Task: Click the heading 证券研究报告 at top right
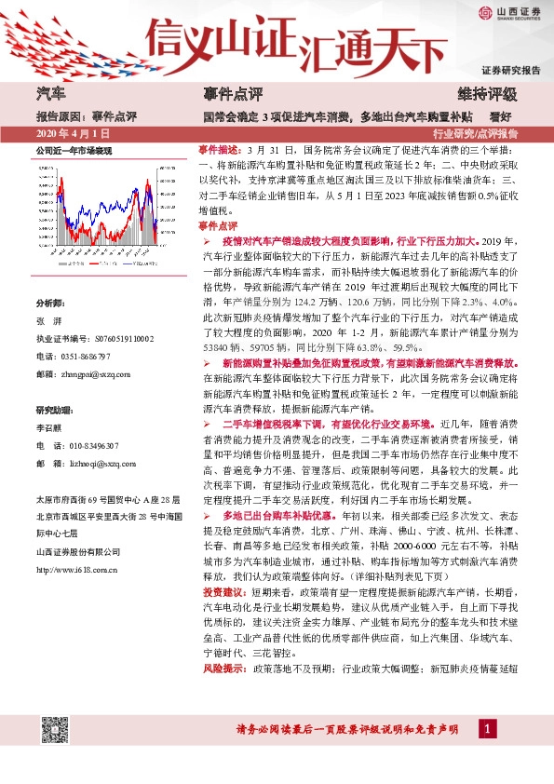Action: point(510,70)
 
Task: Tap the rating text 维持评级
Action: point(488,94)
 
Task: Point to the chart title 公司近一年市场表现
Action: point(74,150)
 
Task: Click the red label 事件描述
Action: point(221,149)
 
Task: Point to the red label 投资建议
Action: point(221,591)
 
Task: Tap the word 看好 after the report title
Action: point(501,117)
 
